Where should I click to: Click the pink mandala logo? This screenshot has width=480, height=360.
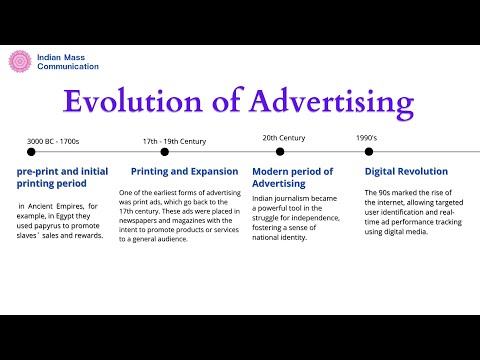(20, 61)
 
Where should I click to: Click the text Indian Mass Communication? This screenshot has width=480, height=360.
(67, 61)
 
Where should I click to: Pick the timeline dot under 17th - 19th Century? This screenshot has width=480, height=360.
(164, 152)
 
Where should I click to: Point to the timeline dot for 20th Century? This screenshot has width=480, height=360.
(280, 152)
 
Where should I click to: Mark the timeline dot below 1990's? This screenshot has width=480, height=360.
(369, 152)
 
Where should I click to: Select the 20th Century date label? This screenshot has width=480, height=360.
(284, 138)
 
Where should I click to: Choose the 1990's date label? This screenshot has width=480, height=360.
(366, 138)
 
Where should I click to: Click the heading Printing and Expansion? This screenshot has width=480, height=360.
(184, 171)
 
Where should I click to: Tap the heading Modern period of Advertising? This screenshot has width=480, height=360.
(292, 177)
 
